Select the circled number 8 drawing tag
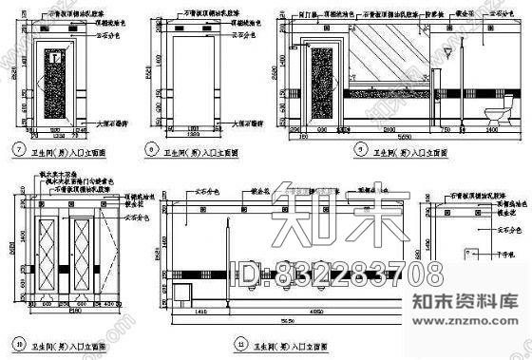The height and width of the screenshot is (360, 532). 153,149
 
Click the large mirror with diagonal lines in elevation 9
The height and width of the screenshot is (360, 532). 390,57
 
